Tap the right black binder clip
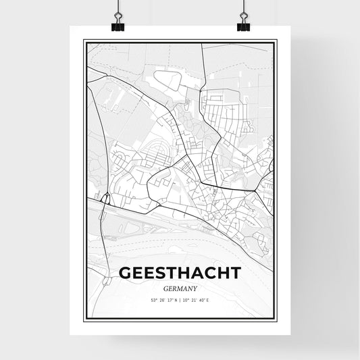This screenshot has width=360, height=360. (243, 26)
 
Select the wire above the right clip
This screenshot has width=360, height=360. (243, 8)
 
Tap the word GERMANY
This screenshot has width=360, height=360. (180, 286)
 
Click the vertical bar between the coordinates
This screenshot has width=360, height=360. (180, 301)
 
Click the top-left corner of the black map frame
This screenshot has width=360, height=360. (84, 41)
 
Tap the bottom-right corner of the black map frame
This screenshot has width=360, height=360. (277, 322)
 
